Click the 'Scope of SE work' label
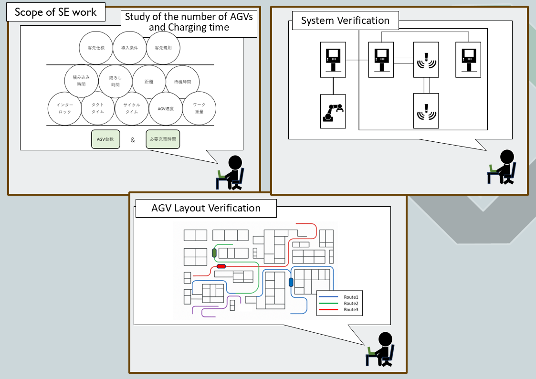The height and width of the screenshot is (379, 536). coord(55,12)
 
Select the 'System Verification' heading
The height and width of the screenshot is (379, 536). coord(345,21)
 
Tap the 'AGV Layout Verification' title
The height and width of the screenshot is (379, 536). coord(206,208)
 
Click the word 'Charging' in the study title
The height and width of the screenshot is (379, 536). coord(189,27)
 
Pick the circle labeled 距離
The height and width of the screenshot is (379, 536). coord(148,82)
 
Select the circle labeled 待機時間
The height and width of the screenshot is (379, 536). coord(182,82)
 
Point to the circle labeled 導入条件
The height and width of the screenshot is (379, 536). coord(129,48)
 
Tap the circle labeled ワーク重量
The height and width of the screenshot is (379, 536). coord(199,108)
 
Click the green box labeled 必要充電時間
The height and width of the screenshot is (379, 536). coord(163,140)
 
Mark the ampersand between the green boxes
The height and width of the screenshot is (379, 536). coord(133,140)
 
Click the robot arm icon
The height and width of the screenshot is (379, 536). coord(333,111)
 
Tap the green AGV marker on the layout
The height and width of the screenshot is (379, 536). coord(214,253)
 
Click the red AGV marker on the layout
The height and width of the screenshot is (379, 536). coord(221,266)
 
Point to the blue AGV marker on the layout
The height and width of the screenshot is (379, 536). coord(291,282)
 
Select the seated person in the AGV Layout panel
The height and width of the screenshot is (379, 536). coord(380,349)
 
